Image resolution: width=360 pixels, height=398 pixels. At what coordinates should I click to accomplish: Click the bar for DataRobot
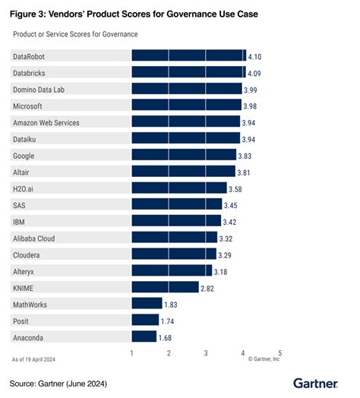188,55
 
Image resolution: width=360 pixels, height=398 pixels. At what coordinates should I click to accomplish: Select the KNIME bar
165,287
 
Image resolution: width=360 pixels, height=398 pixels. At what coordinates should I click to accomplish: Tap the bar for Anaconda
144,336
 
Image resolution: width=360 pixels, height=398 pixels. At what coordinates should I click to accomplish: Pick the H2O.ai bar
179,188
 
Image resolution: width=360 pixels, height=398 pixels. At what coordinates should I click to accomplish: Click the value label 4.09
257,72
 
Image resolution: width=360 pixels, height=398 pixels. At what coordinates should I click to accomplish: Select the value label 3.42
232,221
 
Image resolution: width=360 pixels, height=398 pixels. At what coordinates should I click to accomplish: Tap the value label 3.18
223,271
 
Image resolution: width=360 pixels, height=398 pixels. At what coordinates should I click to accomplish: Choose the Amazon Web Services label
46,122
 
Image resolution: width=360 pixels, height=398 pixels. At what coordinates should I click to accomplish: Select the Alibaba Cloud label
34,238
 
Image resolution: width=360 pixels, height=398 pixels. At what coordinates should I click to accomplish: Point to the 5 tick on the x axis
279,353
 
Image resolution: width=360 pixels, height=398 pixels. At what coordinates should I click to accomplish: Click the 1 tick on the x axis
132,353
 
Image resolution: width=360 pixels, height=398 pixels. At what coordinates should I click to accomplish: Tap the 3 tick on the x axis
206,353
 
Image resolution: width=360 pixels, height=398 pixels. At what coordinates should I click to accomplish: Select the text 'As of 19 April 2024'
35,358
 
